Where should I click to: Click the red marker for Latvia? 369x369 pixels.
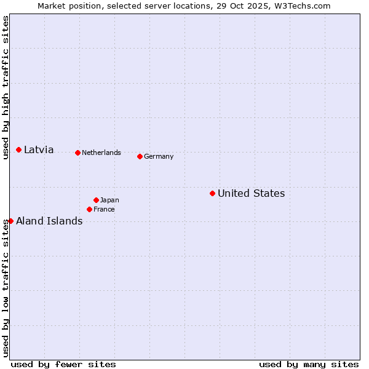tap(19, 150)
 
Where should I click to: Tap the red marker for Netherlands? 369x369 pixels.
tap(77, 153)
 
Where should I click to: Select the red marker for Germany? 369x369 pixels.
tap(140, 156)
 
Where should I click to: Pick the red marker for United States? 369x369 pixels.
tap(212, 194)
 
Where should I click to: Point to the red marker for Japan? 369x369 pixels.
tap(96, 200)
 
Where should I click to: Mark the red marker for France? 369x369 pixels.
tap(89, 210)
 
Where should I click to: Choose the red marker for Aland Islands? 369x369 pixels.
tap(10, 221)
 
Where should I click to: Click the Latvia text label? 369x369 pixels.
tap(39, 150)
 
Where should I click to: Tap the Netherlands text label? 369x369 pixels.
tap(101, 153)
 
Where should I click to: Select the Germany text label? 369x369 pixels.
tap(159, 156)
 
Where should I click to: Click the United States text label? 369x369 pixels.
tap(251, 194)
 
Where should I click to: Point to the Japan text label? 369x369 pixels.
tap(109, 200)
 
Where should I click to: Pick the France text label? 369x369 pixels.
tap(104, 210)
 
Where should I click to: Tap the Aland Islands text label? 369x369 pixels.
tap(49, 221)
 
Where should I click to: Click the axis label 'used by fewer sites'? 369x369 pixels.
tap(63, 364)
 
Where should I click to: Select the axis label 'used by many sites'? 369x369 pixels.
tap(309, 364)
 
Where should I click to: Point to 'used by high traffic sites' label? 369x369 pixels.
tap(6, 87)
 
